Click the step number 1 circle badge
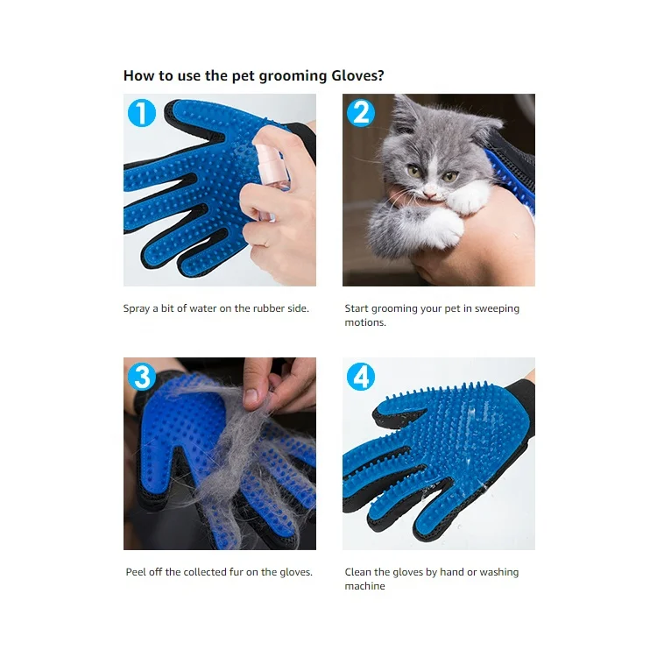point(142,113)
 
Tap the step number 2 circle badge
point(360,113)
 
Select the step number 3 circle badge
point(142,377)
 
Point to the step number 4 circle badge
point(360,377)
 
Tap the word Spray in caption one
point(138,308)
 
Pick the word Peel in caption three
point(138,572)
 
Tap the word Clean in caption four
point(359,572)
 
